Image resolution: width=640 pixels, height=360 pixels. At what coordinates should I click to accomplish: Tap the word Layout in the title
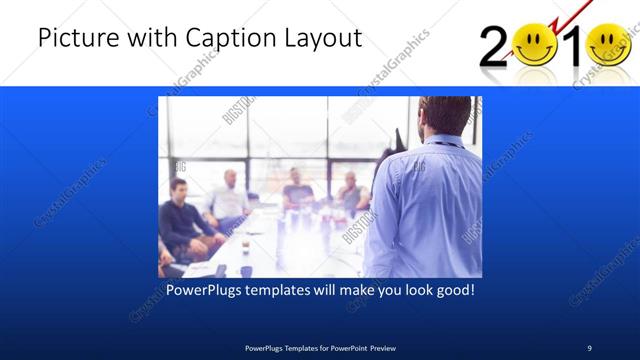(x=322, y=39)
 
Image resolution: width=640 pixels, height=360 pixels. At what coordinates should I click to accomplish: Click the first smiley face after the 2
(x=535, y=45)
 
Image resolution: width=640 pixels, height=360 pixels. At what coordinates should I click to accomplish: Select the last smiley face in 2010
(x=609, y=45)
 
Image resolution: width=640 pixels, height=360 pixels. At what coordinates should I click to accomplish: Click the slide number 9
(x=589, y=347)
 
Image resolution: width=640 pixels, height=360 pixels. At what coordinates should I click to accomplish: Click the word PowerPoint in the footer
(x=342, y=347)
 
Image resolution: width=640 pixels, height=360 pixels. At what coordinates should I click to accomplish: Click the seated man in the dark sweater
(x=180, y=219)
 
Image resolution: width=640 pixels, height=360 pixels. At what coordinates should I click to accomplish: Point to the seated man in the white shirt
(x=229, y=200)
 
